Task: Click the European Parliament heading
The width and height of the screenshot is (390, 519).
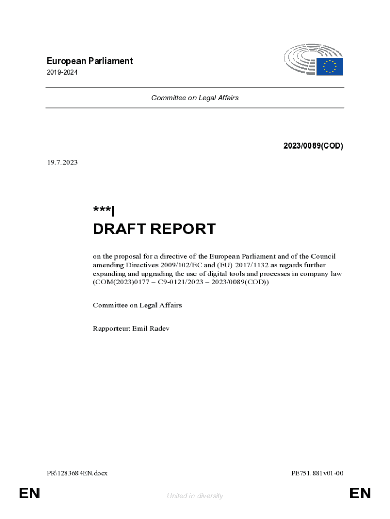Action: point(89,61)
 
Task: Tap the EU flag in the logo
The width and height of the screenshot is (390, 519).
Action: point(330,66)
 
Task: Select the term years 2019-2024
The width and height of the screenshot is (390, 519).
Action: point(62,72)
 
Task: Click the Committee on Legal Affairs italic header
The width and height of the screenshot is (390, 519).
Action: point(194,98)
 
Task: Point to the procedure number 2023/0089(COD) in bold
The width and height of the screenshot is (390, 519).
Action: point(313,146)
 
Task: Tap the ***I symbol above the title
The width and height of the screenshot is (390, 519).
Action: point(104,211)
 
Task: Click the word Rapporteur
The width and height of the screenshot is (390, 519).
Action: point(111,329)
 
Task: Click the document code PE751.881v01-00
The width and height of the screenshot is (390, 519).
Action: point(318,473)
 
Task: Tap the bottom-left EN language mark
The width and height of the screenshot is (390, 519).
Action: point(29,493)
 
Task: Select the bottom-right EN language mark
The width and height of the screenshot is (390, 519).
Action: point(360,493)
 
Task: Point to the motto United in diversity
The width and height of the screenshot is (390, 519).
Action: point(195,496)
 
